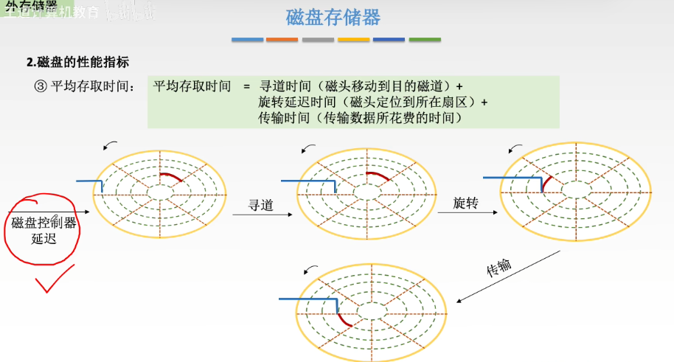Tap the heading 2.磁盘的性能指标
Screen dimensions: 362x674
pyautogui.click(x=78, y=63)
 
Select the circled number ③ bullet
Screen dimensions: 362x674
pyautogui.click(x=40, y=86)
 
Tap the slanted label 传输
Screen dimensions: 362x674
pyautogui.click(x=499, y=267)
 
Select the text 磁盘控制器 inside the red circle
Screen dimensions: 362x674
pyautogui.click(x=44, y=223)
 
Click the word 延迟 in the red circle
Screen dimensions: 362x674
pyautogui.click(x=44, y=239)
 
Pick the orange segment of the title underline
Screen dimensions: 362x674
pyautogui.click(x=282, y=39)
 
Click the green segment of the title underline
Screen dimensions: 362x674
pyautogui.click(x=425, y=39)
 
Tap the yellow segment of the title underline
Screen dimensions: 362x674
pyautogui.click(x=353, y=39)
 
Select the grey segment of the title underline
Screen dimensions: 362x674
pyautogui.click(x=318, y=39)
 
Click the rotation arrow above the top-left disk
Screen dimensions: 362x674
pyautogui.click(x=110, y=144)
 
